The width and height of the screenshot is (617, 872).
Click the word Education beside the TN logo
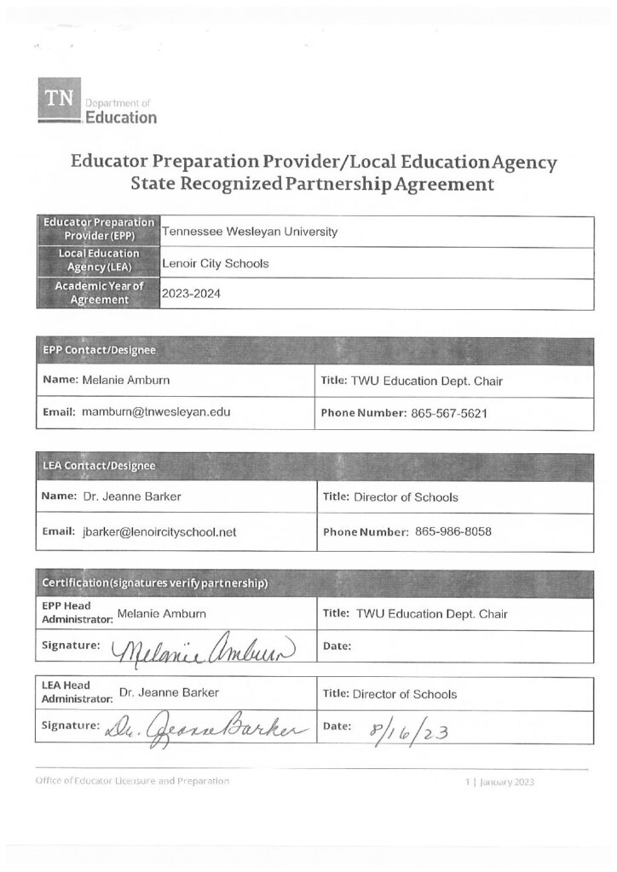tap(122, 118)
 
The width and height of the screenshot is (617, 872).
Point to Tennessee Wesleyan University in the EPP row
tap(249, 232)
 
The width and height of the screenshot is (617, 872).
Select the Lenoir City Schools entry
tap(215, 263)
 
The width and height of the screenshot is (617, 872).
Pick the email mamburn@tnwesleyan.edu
tap(156, 413)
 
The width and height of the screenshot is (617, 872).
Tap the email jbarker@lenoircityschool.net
tap(159, 532)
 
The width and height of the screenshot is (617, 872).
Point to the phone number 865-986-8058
tap(453, 532)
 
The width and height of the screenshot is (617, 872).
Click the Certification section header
tap(156, 582)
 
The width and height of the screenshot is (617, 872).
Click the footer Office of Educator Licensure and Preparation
tap(132, 781)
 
